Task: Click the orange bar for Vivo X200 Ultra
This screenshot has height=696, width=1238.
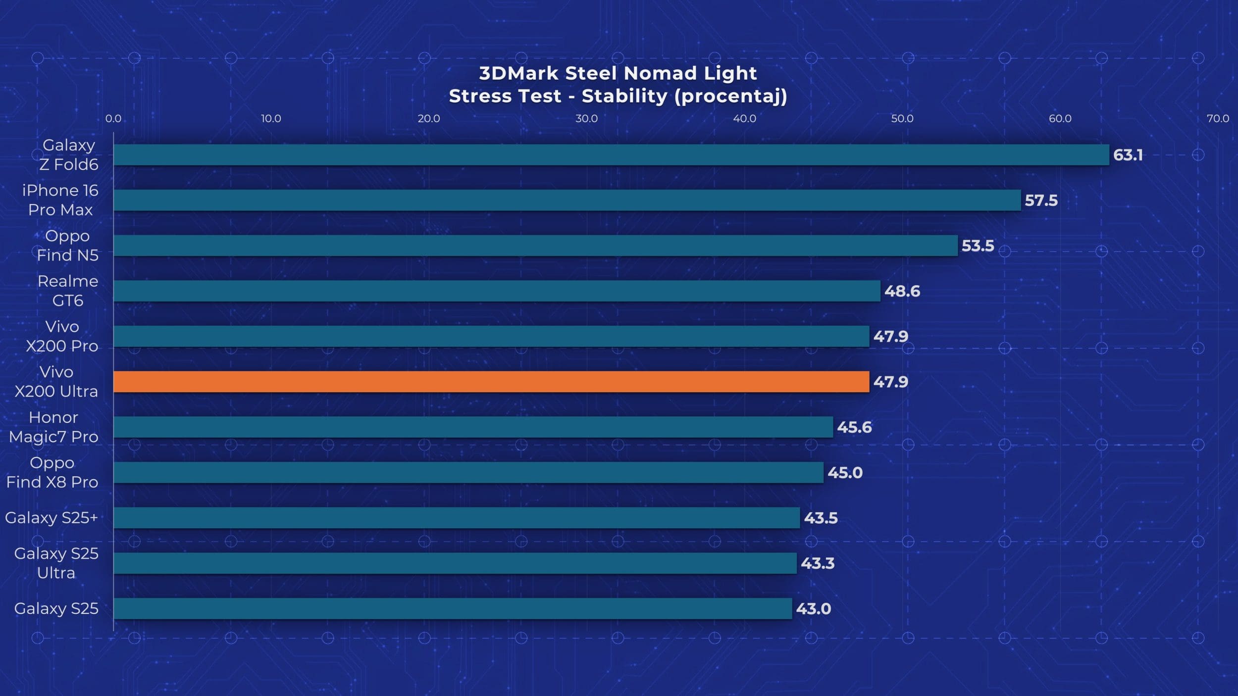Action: pyautogui.click(x=491, y=382)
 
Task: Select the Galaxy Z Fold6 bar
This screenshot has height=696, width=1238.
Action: pyautogui.click(x=611, y=155)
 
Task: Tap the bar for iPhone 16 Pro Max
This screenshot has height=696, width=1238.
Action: pyautogui.click(x=567, y=200)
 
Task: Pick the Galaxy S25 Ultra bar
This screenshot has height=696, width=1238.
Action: pyautogui.click(x=455, y=563)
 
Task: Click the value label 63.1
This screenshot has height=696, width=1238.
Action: pyautogui.click(x=1128, y=155)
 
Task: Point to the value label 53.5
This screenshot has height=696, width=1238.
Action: pyautogui.click(x=978, y=246)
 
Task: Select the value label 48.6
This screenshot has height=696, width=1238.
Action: pyautogui.click(x=902, y=291)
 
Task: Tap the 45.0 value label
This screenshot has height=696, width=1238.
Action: pyautogui.click(x=845, y=473)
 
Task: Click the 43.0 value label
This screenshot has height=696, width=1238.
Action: pyautogui.click(x=813, y=608)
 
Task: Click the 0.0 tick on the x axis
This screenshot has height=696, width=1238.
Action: pyautogui.click(x=113, y=119)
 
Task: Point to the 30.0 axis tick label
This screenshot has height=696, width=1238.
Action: pyautogui.click(x=586, y=119)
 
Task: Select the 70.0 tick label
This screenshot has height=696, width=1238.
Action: pyautogui.click(x=1218, y=119)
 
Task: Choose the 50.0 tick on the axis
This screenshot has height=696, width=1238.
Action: pyautogui.click(x=902, y=119)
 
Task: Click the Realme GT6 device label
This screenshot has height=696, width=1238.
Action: pyautogui.click(x=68, y=291)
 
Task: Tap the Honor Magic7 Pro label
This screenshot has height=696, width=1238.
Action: pyautogui.click(x=53, y=427)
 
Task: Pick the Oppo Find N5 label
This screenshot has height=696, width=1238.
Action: pyautogui.click(x=67, y=246)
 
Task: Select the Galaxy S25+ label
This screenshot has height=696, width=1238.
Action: pyautogui.click(x=52, y=518)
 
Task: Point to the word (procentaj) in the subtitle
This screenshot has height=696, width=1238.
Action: pyautogui.click(x=730, y=96)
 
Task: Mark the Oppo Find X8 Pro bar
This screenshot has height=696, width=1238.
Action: pyautogui.click(x=468, y=473)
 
